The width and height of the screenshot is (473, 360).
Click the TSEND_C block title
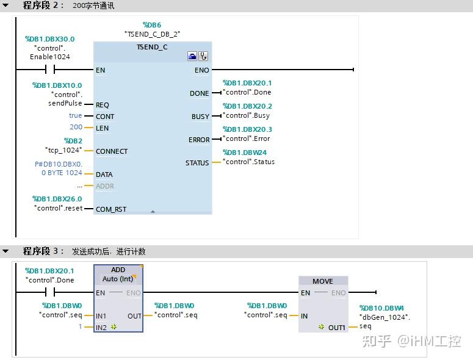[153, 46]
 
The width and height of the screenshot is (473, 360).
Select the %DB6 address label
[152, 25]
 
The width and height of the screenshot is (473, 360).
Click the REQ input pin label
[103, 105]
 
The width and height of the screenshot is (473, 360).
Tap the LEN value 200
[76, 128]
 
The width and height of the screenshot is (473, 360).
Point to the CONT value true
[75, 116]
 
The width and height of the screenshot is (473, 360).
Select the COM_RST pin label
[111, 209]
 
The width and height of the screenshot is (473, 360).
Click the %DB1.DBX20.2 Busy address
[247, 106]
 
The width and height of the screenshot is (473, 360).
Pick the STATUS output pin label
[197, 163]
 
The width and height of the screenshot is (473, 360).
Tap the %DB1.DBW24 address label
[244, 153]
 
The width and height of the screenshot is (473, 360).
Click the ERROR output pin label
[199, 140]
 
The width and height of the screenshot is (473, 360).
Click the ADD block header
[118, 270]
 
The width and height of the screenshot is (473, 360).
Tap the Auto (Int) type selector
[118, 279]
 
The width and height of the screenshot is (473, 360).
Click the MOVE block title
[323, 281]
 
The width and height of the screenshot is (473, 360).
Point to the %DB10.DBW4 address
[381, 308]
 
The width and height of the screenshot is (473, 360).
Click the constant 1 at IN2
[79, 327]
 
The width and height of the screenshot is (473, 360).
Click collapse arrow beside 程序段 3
[5, 251]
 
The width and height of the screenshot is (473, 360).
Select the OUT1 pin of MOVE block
[336, 328]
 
